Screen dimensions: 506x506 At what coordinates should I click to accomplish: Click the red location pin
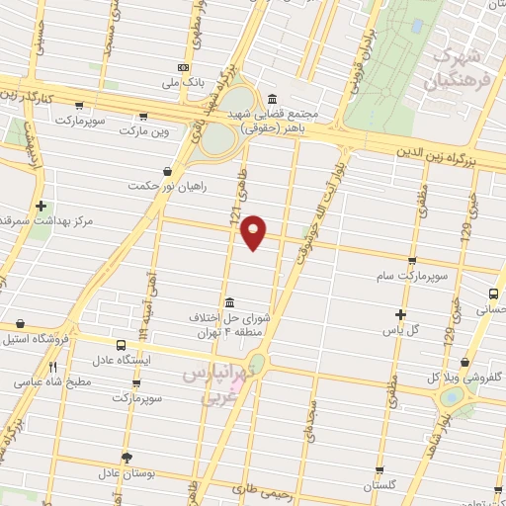click(255, 230)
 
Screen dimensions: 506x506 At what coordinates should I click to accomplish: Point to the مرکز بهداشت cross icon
click(40, 207)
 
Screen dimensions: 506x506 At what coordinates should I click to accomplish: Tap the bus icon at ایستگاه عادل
click(121, 346)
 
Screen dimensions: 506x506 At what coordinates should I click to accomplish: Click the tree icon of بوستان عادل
click(126, 456)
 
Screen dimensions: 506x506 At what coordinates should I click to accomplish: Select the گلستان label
click(379, 485)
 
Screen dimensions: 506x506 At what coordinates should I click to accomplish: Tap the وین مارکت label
click(145, 130)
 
